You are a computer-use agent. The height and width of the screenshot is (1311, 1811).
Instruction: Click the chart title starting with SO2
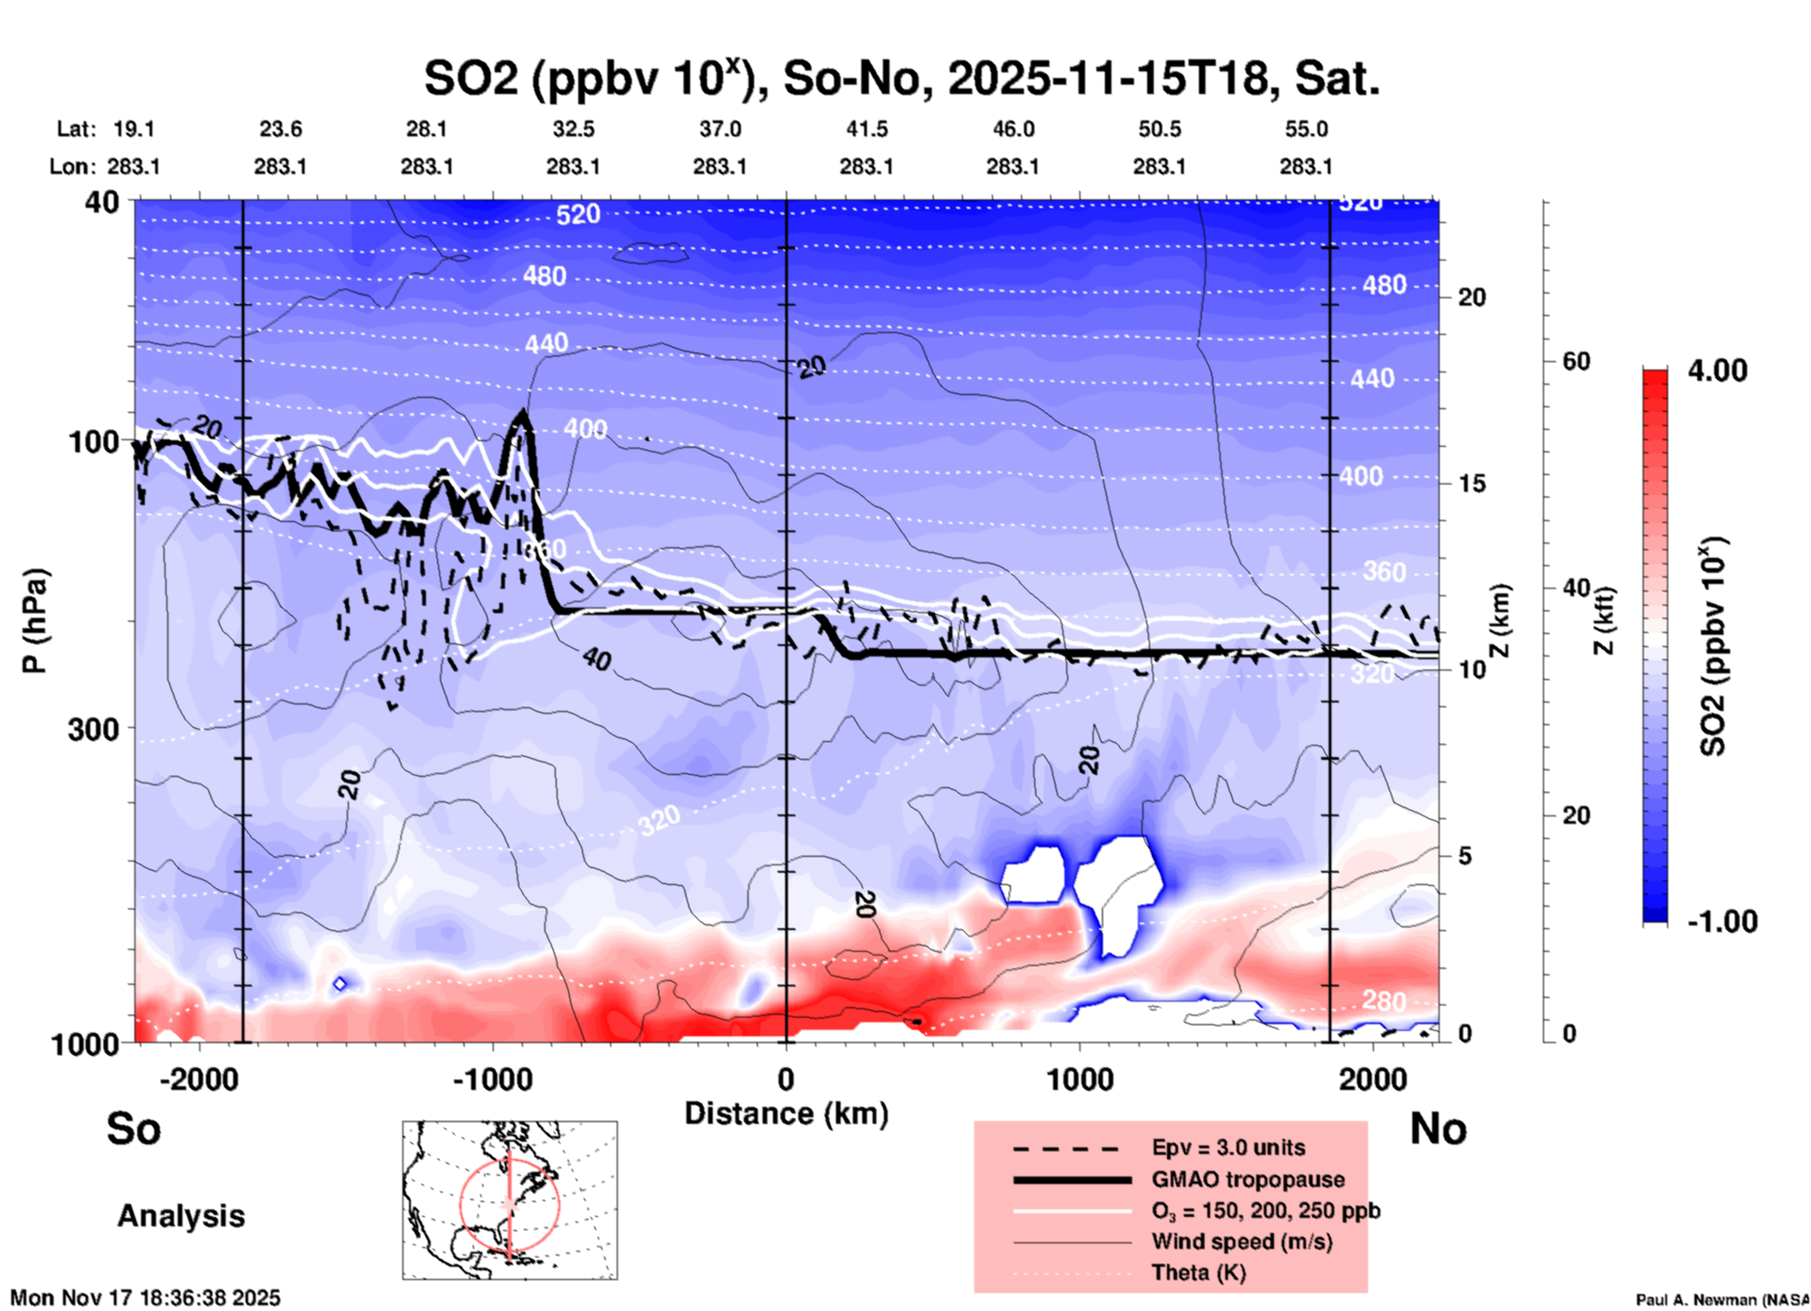tap(901, 77)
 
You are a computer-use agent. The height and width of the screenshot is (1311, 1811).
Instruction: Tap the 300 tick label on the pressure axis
tap(94, 729)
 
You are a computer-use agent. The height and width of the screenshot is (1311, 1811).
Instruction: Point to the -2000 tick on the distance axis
tap(199, 1079)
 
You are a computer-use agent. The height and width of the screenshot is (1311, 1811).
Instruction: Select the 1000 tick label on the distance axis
tap(1079, 1079)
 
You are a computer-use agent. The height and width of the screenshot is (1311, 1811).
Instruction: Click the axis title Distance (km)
tap(786, 1114)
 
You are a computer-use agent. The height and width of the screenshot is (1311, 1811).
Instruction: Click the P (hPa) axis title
tap(35, 621)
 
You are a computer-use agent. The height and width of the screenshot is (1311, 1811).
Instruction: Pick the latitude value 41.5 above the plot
tap(866, 129)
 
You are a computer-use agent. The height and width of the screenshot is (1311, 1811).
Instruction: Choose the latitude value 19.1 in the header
tap(134, 129)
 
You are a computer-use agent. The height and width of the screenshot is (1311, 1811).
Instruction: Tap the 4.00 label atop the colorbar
tap(1717, 371)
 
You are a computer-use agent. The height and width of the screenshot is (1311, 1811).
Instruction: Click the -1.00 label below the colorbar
tap(1722, 922)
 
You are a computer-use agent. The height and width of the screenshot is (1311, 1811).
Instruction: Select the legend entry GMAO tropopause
tap(1248, 1179)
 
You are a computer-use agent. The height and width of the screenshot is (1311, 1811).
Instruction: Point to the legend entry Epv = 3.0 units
tap(1228, 1147)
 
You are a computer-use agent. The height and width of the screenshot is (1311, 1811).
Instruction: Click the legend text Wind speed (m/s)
tap(1241, 1241)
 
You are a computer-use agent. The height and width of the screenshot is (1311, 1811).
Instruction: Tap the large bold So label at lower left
tap(134, 1129)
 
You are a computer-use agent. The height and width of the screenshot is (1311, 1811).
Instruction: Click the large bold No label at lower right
tap(1438, 1129)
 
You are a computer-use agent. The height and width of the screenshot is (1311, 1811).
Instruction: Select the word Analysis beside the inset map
tap(181, 1216)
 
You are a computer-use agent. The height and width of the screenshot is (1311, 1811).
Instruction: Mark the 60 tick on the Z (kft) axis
tap(1576, 361)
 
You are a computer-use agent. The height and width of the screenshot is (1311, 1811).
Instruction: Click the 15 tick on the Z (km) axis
tap(1472, 483)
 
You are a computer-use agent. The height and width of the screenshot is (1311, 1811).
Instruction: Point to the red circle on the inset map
tap(461, 1205)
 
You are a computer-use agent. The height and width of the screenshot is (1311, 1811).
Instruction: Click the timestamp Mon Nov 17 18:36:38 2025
tap(146, 1298)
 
